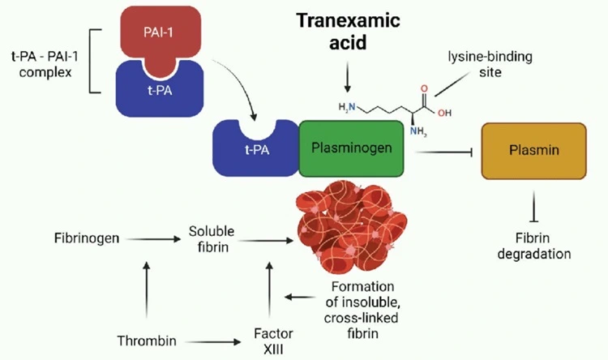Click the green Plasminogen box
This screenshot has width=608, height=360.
pos(351,148)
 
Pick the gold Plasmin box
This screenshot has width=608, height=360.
pos(533,151)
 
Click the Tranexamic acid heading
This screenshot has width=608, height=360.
pos(348,32)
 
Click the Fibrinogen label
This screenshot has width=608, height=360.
pos(85,239)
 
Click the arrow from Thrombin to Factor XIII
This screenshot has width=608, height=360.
pos(206,341)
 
